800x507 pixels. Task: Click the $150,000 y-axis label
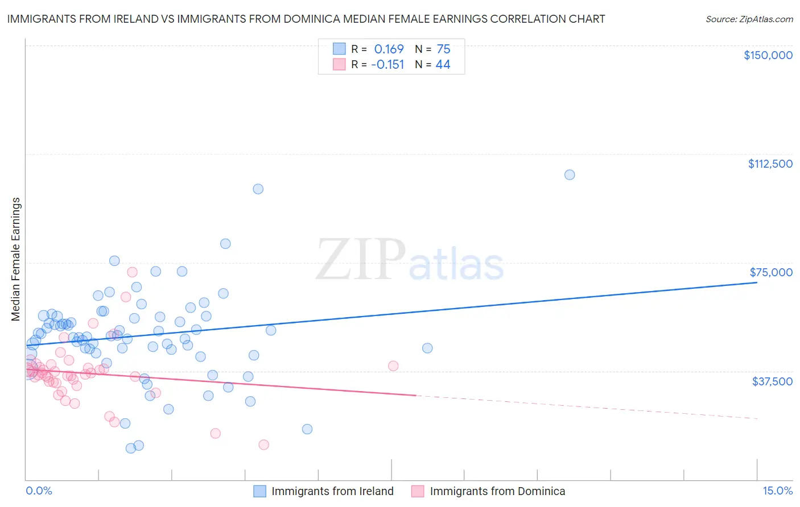click(768, 55)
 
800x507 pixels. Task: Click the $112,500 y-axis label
click(770, 164)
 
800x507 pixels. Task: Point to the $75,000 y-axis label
click(771, 272)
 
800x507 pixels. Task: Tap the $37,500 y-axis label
click(772, 381)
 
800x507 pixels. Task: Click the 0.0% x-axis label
click(39, 491)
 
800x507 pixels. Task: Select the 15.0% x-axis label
click(777, 491)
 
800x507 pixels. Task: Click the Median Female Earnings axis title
click(16, 259)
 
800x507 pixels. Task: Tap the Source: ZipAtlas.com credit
click(749, 19)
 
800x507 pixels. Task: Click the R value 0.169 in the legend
click(389, 49)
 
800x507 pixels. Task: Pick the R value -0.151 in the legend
click(387, 65)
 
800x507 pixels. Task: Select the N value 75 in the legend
click(443, 49)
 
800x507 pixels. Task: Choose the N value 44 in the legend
click(443, 65)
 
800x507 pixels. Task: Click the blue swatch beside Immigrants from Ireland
click(259, 491)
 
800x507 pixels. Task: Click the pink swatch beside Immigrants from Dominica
click(418, 491)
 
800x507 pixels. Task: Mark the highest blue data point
click(570, 174)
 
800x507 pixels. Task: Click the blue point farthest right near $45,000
click(427, 348)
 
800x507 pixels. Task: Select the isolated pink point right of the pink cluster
click(393, 365)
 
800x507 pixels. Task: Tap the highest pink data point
click(132, 272)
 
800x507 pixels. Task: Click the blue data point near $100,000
click(258, 189)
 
